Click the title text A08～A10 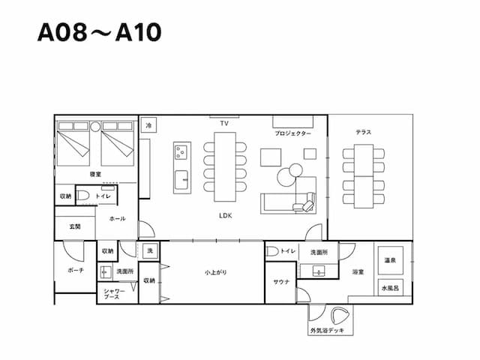[x=99, y=33]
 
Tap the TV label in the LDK [x=223, y=122]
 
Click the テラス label [x=364, y=132]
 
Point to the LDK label [x=225, y=214]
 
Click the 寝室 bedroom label [x=96, y=174]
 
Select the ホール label [x=118, y=219]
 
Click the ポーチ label [x=76, y=270]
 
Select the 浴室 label [x=358, y=271]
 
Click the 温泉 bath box [x=390, y=260]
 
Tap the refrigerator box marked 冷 [x=149, y=126]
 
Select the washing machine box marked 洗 [x=149, y=250]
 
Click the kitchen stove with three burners [x=181, y=152]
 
